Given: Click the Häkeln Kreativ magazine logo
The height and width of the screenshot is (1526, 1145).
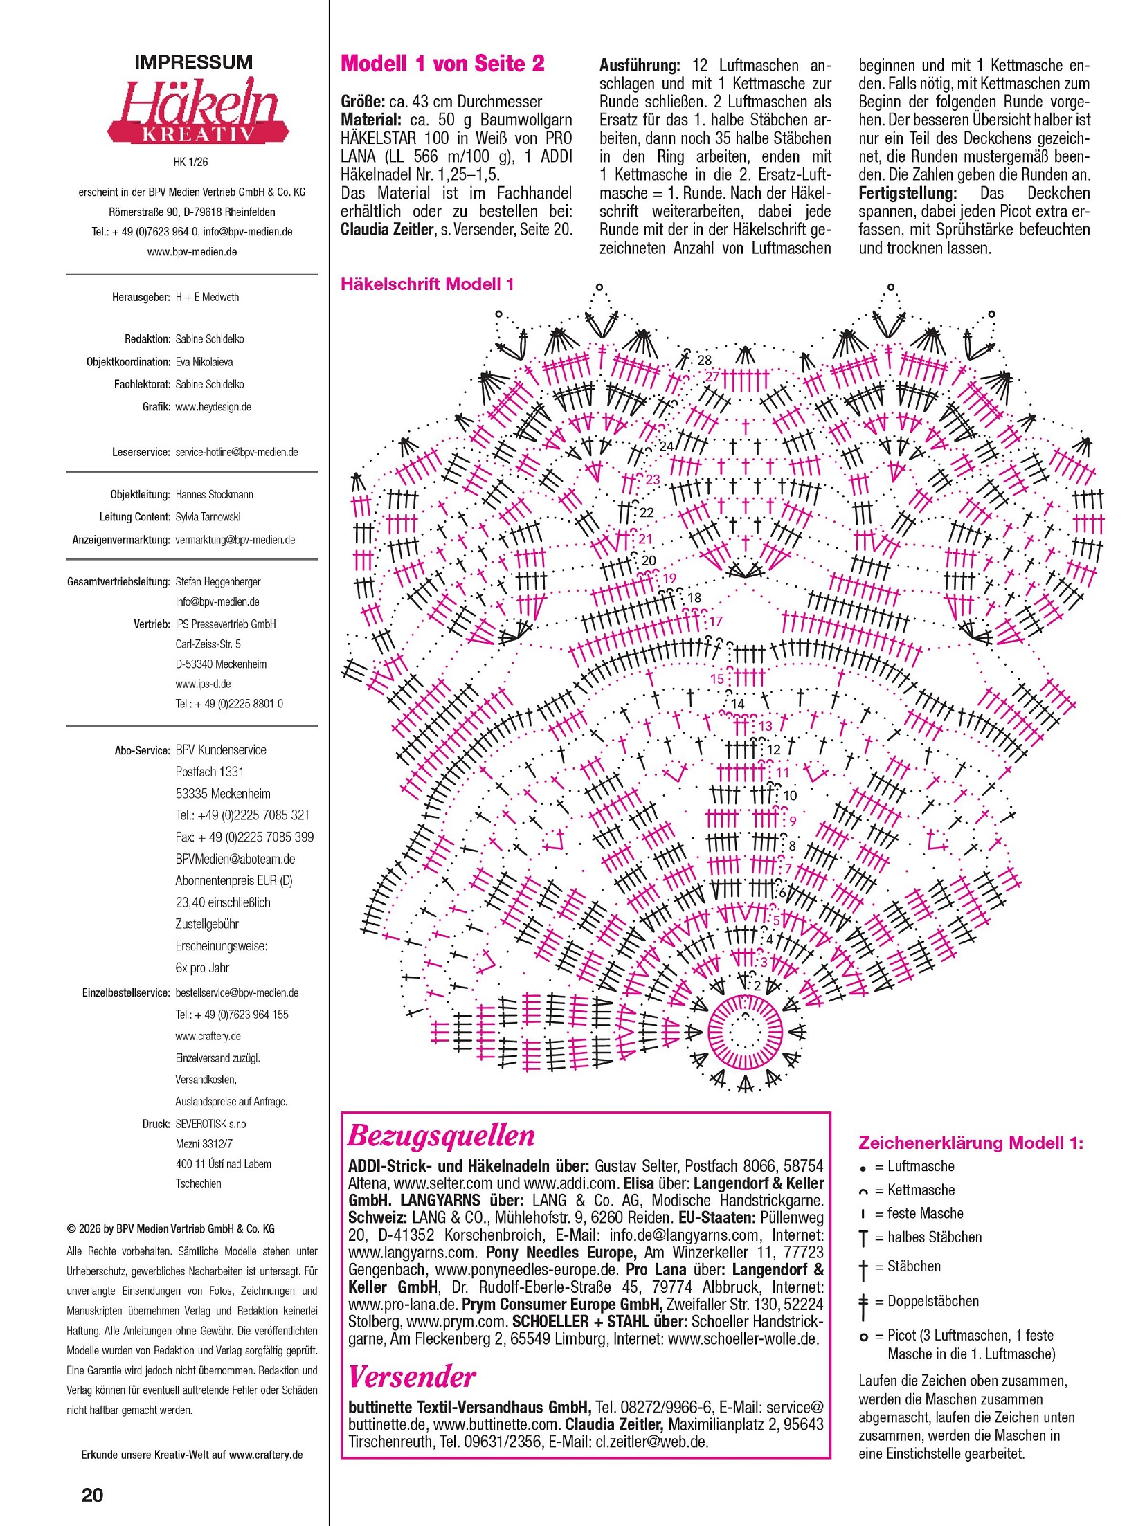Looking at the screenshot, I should point(197,111).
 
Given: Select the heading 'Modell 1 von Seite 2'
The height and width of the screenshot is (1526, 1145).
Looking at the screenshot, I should point(442,64).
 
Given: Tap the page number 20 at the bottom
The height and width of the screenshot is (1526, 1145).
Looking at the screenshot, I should point(92,1494).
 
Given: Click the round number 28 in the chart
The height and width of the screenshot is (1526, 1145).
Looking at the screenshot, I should point(704,360).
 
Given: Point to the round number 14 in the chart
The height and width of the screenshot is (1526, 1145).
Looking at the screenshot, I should point(738,703).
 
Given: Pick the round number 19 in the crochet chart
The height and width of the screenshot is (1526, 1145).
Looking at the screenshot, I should point(669,578).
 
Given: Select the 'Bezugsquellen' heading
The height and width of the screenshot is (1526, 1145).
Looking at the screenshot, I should point(441,1136).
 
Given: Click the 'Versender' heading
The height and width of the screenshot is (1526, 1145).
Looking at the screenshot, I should point(412,1377).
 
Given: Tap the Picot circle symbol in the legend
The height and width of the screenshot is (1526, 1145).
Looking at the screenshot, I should point(863,1336).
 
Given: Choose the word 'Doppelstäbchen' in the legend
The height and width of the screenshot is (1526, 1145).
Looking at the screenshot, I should point(932,1301).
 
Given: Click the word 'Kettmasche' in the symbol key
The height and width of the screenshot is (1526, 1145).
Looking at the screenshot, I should point(921,1190).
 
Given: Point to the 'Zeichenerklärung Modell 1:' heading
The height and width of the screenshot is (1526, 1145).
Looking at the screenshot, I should point(971,1143).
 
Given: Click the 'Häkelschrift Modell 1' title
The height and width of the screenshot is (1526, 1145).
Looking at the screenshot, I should point(427,284).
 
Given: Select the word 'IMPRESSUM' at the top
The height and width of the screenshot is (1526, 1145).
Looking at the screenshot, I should point(194,62).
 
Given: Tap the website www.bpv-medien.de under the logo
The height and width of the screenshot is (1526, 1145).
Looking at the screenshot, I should point(192,252).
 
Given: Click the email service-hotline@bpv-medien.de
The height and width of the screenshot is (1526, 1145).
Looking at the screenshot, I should point(237,452).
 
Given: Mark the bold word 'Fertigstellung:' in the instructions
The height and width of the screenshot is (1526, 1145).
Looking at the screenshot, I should point(908,193).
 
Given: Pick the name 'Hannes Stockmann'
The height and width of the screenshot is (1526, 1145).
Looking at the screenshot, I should point(214,494).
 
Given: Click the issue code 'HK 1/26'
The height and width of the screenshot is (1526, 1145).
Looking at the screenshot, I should point(190,162).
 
